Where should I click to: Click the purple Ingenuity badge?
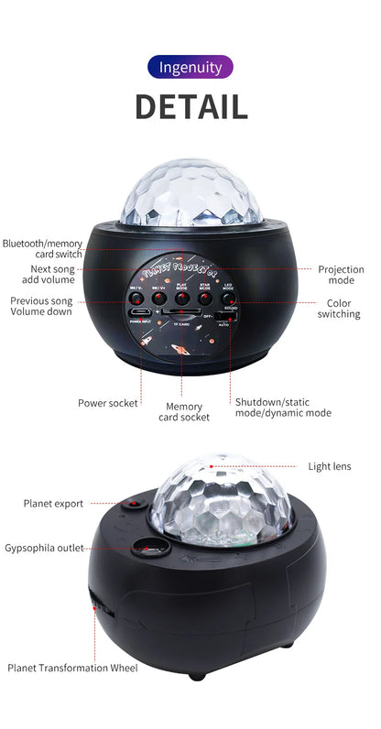[190, 67]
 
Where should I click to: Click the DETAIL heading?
[190, 106]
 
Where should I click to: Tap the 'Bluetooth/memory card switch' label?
[42, 249]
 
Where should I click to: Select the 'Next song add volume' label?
[53, 275]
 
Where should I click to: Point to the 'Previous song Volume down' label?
[42, 306]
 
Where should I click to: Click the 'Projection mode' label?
[341, 276]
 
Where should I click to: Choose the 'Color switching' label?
[339, 308]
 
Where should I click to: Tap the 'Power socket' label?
[108, 402]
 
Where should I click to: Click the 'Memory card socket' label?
[184, 412]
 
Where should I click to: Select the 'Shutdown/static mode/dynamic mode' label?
[283, 408]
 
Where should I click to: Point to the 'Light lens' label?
[329, 466]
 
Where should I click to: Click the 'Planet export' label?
[53, 504]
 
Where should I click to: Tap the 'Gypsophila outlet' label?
[44, 548]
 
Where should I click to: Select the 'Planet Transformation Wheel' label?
[72, 669]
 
